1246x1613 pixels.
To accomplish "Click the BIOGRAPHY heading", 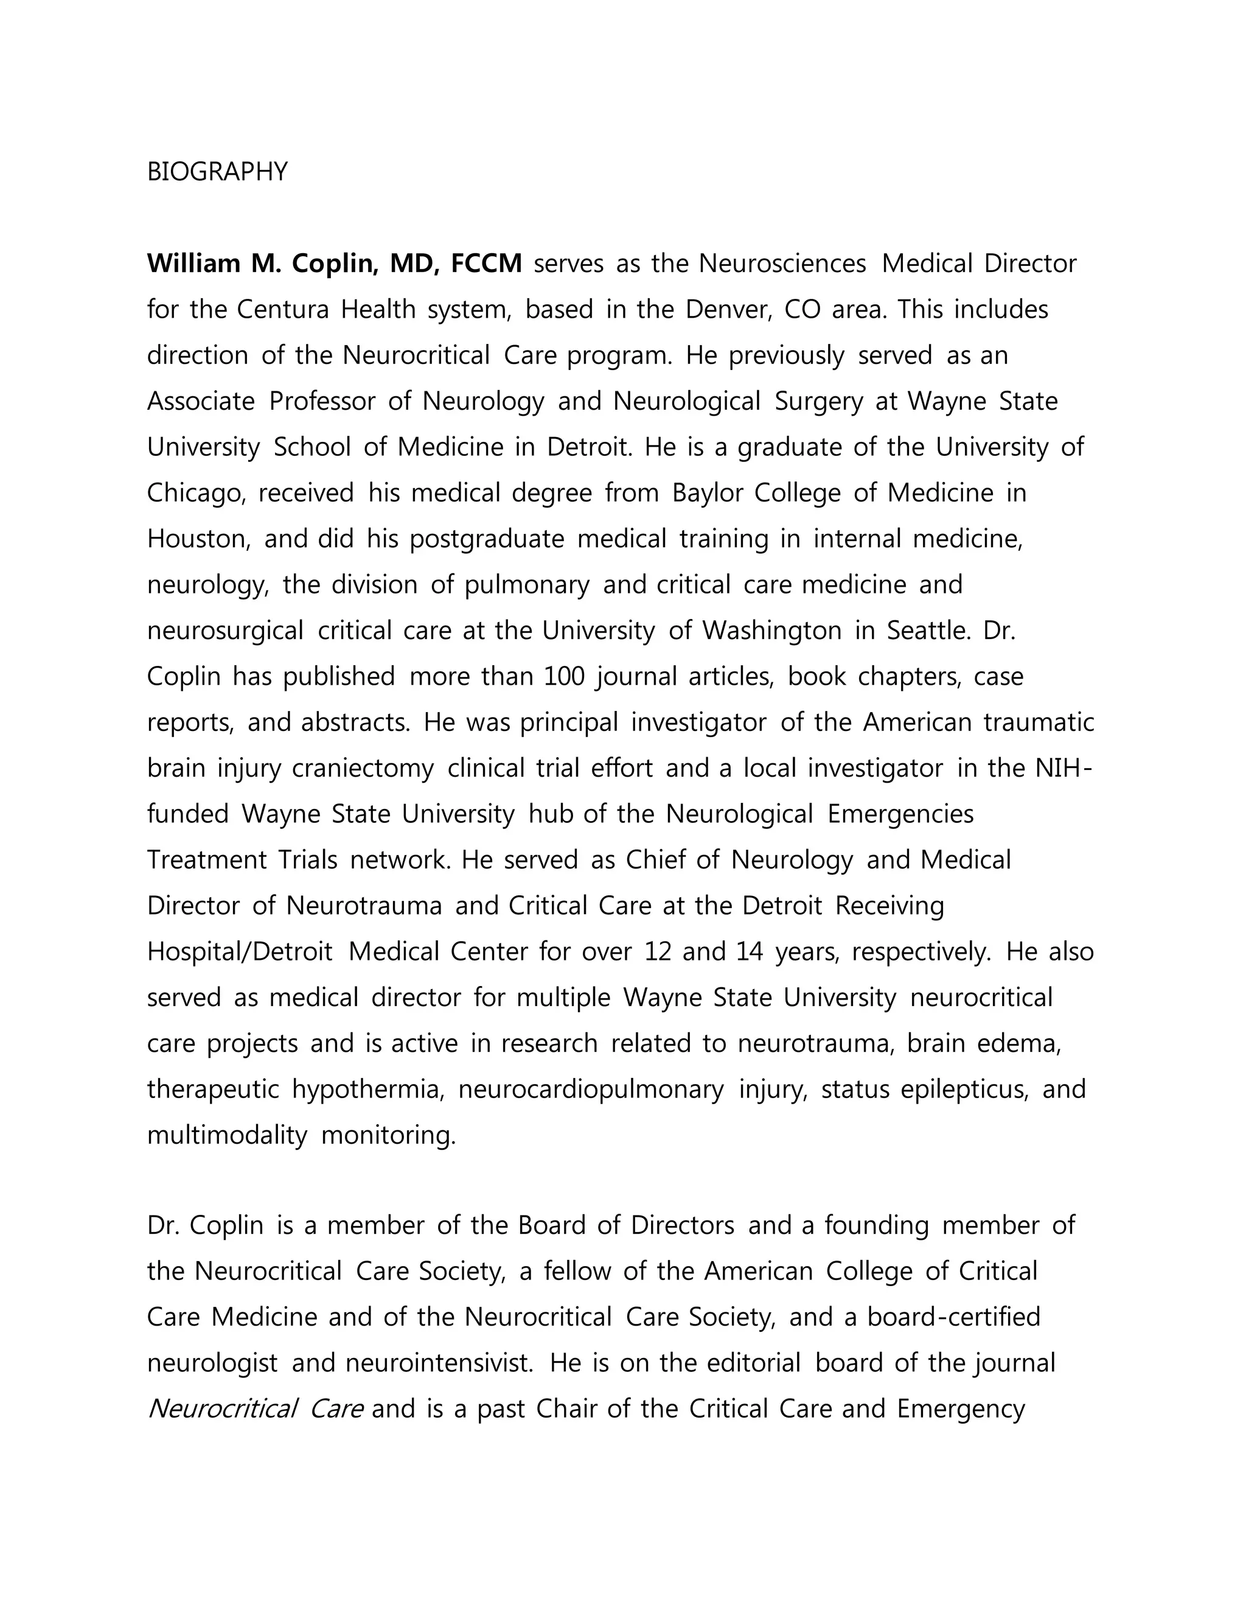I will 217,172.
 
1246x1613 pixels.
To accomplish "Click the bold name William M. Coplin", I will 262,263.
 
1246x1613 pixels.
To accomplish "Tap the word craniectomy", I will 363,768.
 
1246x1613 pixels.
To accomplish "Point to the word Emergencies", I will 900,814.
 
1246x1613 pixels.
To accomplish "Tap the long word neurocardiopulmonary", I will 591,1090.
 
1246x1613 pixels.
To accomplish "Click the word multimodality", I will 226,1135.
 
